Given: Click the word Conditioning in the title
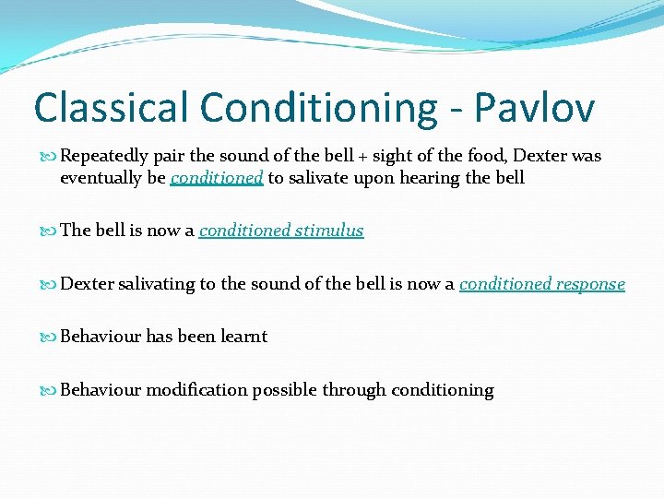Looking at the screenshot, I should pos(319,109).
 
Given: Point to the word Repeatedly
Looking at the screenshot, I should pos(103,157).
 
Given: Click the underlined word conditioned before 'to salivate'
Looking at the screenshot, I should pos(218,178).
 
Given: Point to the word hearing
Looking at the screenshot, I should pos(429,178).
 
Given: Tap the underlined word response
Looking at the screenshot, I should pos(587,284).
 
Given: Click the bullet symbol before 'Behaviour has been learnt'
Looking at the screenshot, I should pos(51,337).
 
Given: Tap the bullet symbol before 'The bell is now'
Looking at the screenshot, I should pos(51,231).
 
